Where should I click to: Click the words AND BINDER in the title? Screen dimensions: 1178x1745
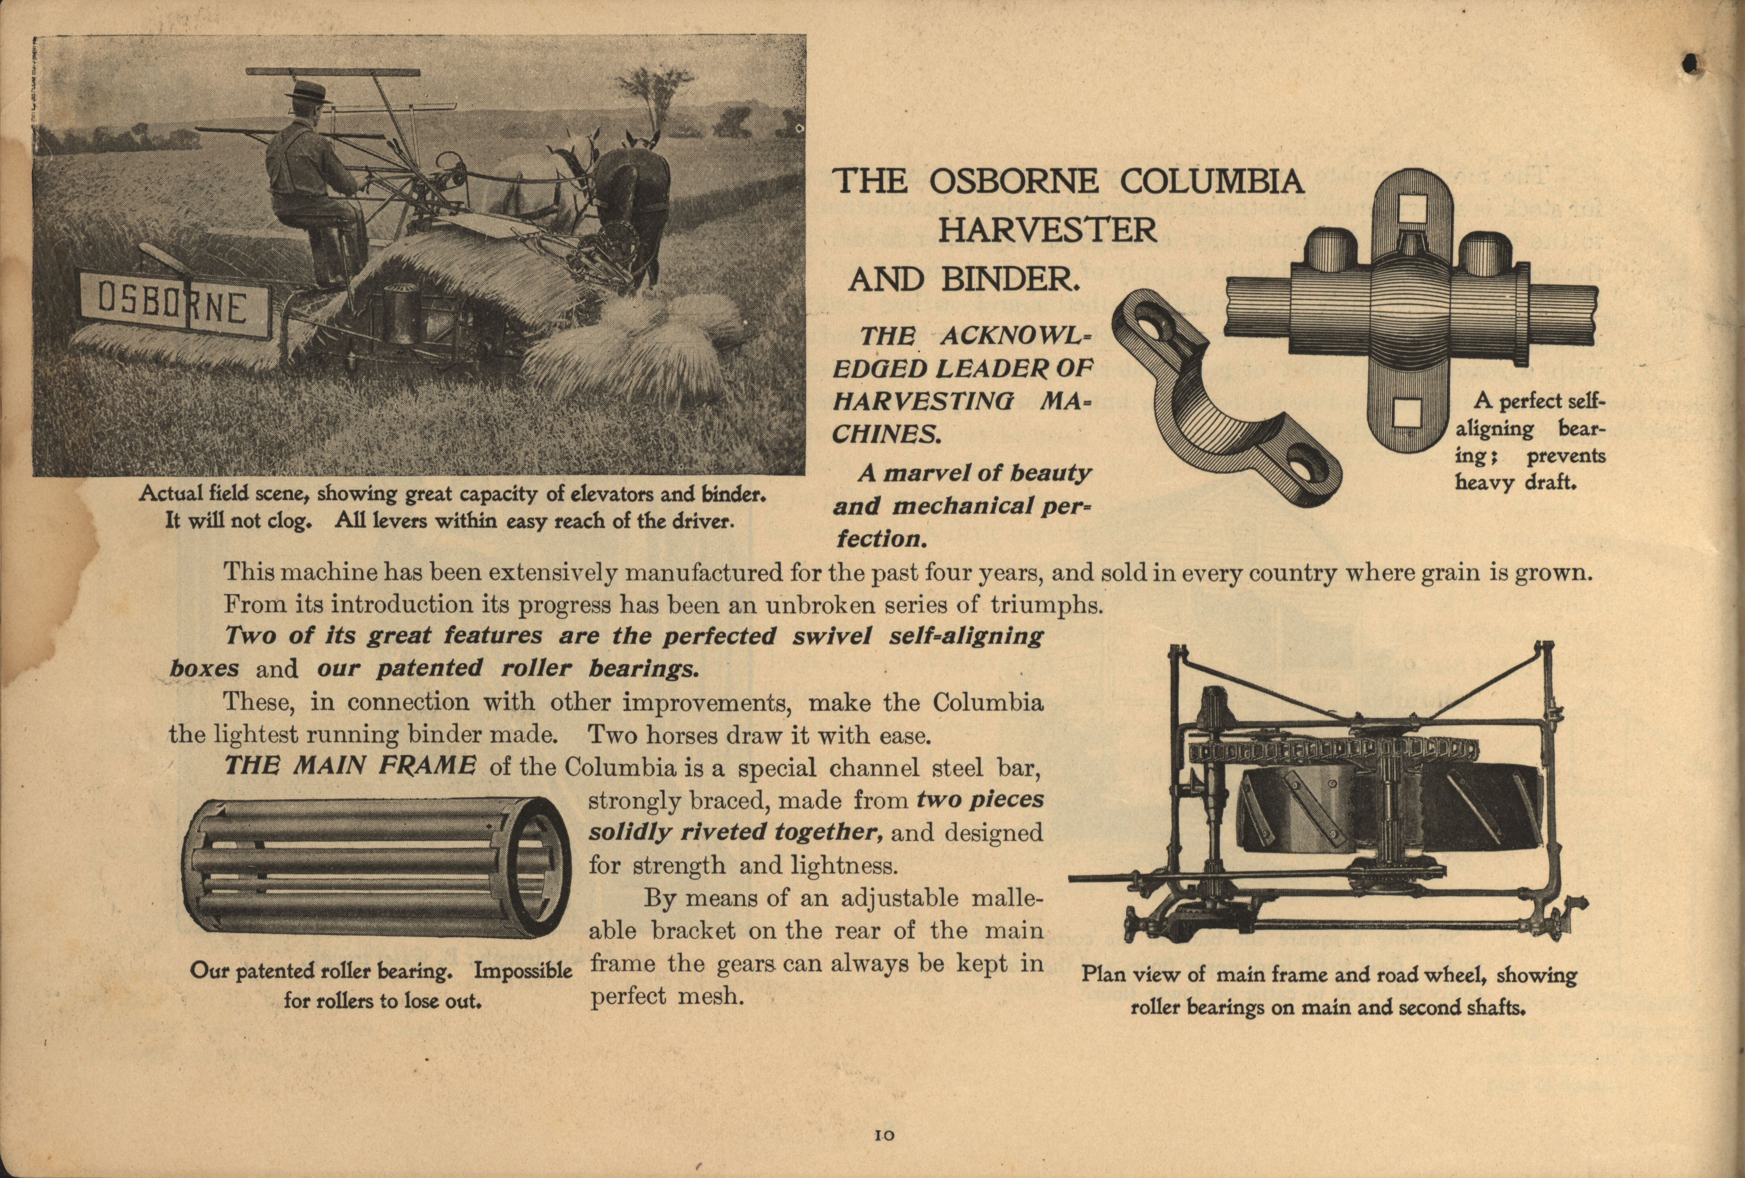[x=963, y=281]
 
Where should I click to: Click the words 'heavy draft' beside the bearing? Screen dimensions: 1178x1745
[x=1514, y=483]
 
